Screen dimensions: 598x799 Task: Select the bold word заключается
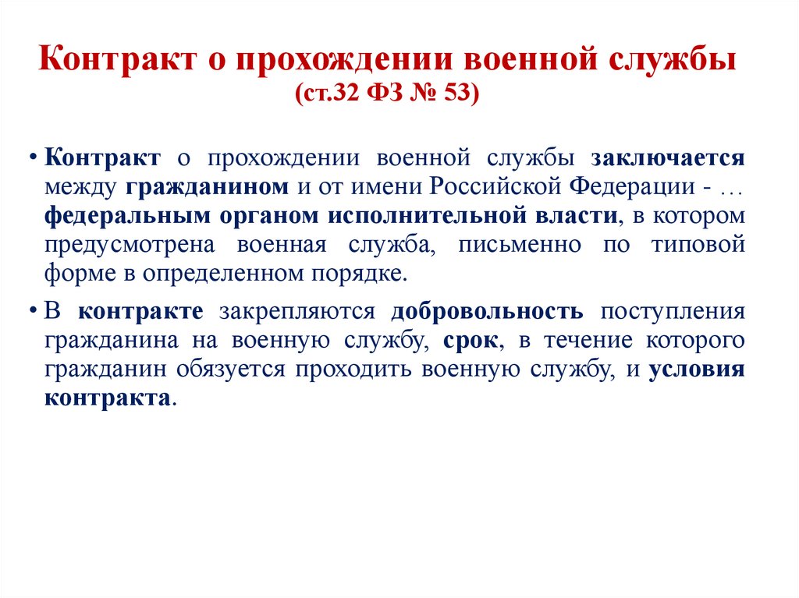[x=668, y=157]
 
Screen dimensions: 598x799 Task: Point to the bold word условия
[x=696, y=370]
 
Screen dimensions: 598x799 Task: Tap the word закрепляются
[x=297, y=312]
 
